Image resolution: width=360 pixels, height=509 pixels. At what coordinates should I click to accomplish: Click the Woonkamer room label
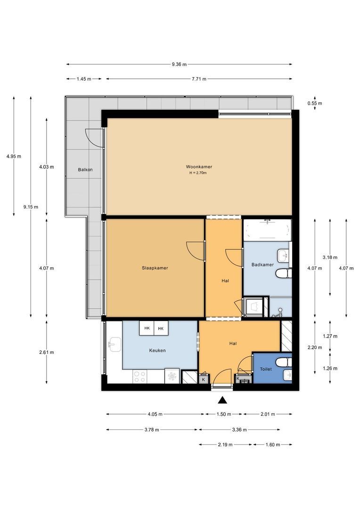(199, 167)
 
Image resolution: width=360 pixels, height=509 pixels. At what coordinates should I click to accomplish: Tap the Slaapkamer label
(155, 268)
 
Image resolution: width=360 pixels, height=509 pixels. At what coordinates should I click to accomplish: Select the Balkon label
(85, 170)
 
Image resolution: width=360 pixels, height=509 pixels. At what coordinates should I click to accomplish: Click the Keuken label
(157, 351)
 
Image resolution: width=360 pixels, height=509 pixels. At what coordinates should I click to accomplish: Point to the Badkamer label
(262, 264)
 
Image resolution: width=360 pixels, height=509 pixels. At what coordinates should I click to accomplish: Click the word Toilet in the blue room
(266, 369)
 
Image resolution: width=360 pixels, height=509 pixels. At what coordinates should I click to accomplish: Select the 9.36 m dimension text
(179, 64)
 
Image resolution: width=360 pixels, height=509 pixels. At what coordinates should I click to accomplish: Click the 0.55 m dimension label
(315, 103)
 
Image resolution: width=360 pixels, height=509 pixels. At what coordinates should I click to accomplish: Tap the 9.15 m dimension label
(31, 207)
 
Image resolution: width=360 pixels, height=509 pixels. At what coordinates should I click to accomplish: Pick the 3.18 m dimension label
(330, 257)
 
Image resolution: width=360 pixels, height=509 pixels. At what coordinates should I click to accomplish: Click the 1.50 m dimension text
(224, 414)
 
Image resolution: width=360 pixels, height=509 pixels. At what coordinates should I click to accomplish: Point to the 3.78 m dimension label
(152, 430)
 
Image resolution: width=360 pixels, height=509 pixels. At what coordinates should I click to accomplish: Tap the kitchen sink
(115, 345)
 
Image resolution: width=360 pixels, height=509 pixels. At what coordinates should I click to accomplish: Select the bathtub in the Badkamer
(268, 230)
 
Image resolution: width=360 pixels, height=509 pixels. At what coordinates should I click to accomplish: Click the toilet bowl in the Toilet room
(283, 361)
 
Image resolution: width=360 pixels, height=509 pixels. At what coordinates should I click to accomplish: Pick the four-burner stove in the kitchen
(140, 377)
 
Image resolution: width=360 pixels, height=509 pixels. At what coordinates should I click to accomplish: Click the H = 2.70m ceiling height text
(198, 173)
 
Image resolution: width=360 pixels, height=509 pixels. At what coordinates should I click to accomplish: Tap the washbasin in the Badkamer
(283, 255)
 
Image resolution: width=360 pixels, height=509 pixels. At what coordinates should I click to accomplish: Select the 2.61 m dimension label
(47, 352)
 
